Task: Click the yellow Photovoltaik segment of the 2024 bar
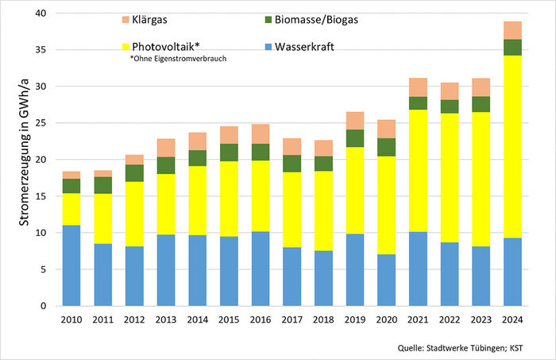(512, 146)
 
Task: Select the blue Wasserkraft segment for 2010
(72, 265)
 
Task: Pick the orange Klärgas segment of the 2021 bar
(419, 87)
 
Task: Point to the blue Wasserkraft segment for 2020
(387, 280)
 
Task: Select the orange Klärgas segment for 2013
(167, 148)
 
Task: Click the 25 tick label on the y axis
(41, 123)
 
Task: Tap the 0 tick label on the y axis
(44, 306)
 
